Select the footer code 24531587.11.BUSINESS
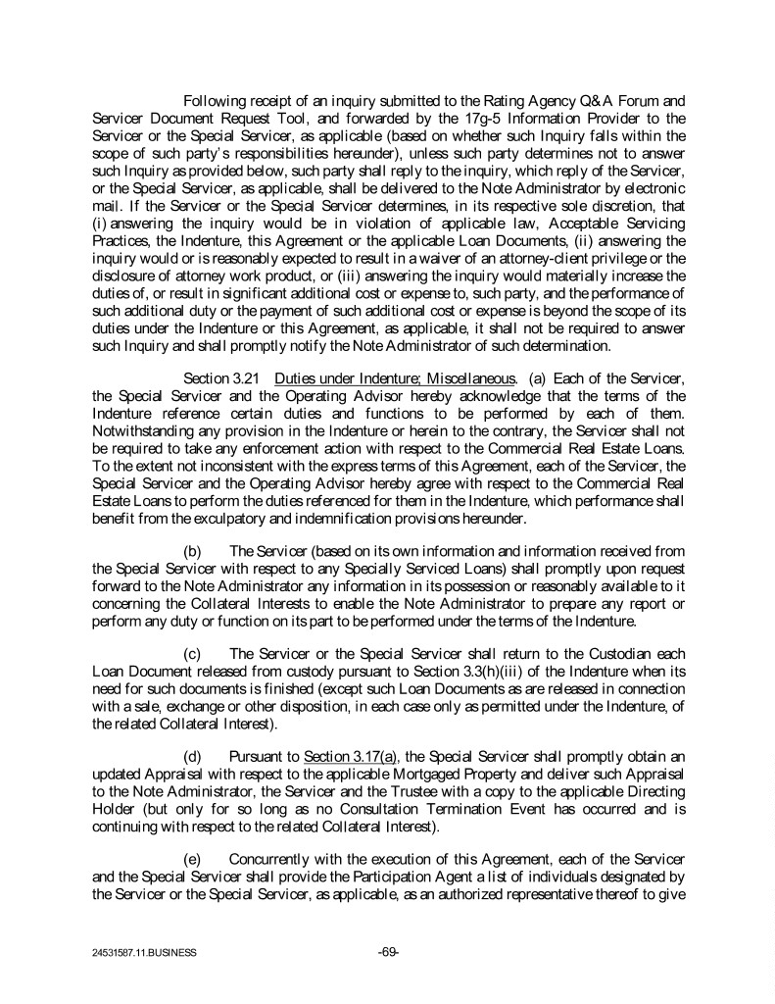(x=141, y=951)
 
